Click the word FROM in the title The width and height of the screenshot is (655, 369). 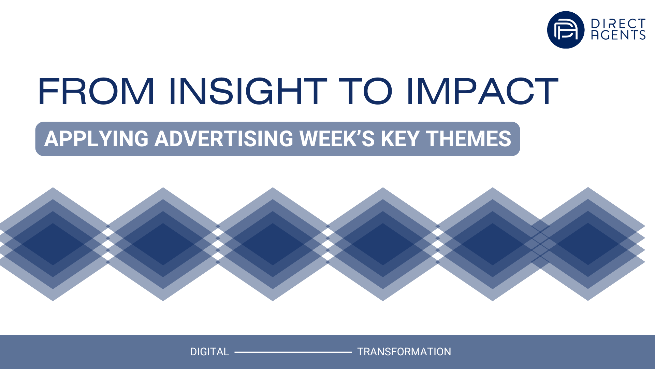coord(96,91)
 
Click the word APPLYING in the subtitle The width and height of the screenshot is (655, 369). coord(97,139)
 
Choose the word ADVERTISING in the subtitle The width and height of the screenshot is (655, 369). coord(224,139)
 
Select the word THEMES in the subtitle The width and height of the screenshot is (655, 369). coord(469,139)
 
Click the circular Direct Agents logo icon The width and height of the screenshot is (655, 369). coord(566,30)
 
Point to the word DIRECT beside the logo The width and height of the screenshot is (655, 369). coord(618,24)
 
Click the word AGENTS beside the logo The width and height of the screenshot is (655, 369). coord(618,35)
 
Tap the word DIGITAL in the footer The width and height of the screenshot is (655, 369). coord(209,352)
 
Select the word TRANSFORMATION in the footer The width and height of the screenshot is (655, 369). coord(404,352)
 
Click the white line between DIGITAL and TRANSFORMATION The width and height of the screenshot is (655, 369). coord(293,352)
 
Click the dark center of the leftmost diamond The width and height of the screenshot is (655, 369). coord(53,244)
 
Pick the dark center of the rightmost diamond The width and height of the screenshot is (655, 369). coord(588,244)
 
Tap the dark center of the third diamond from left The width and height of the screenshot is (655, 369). coord(273,244)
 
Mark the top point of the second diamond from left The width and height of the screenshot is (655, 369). coord(163,188)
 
